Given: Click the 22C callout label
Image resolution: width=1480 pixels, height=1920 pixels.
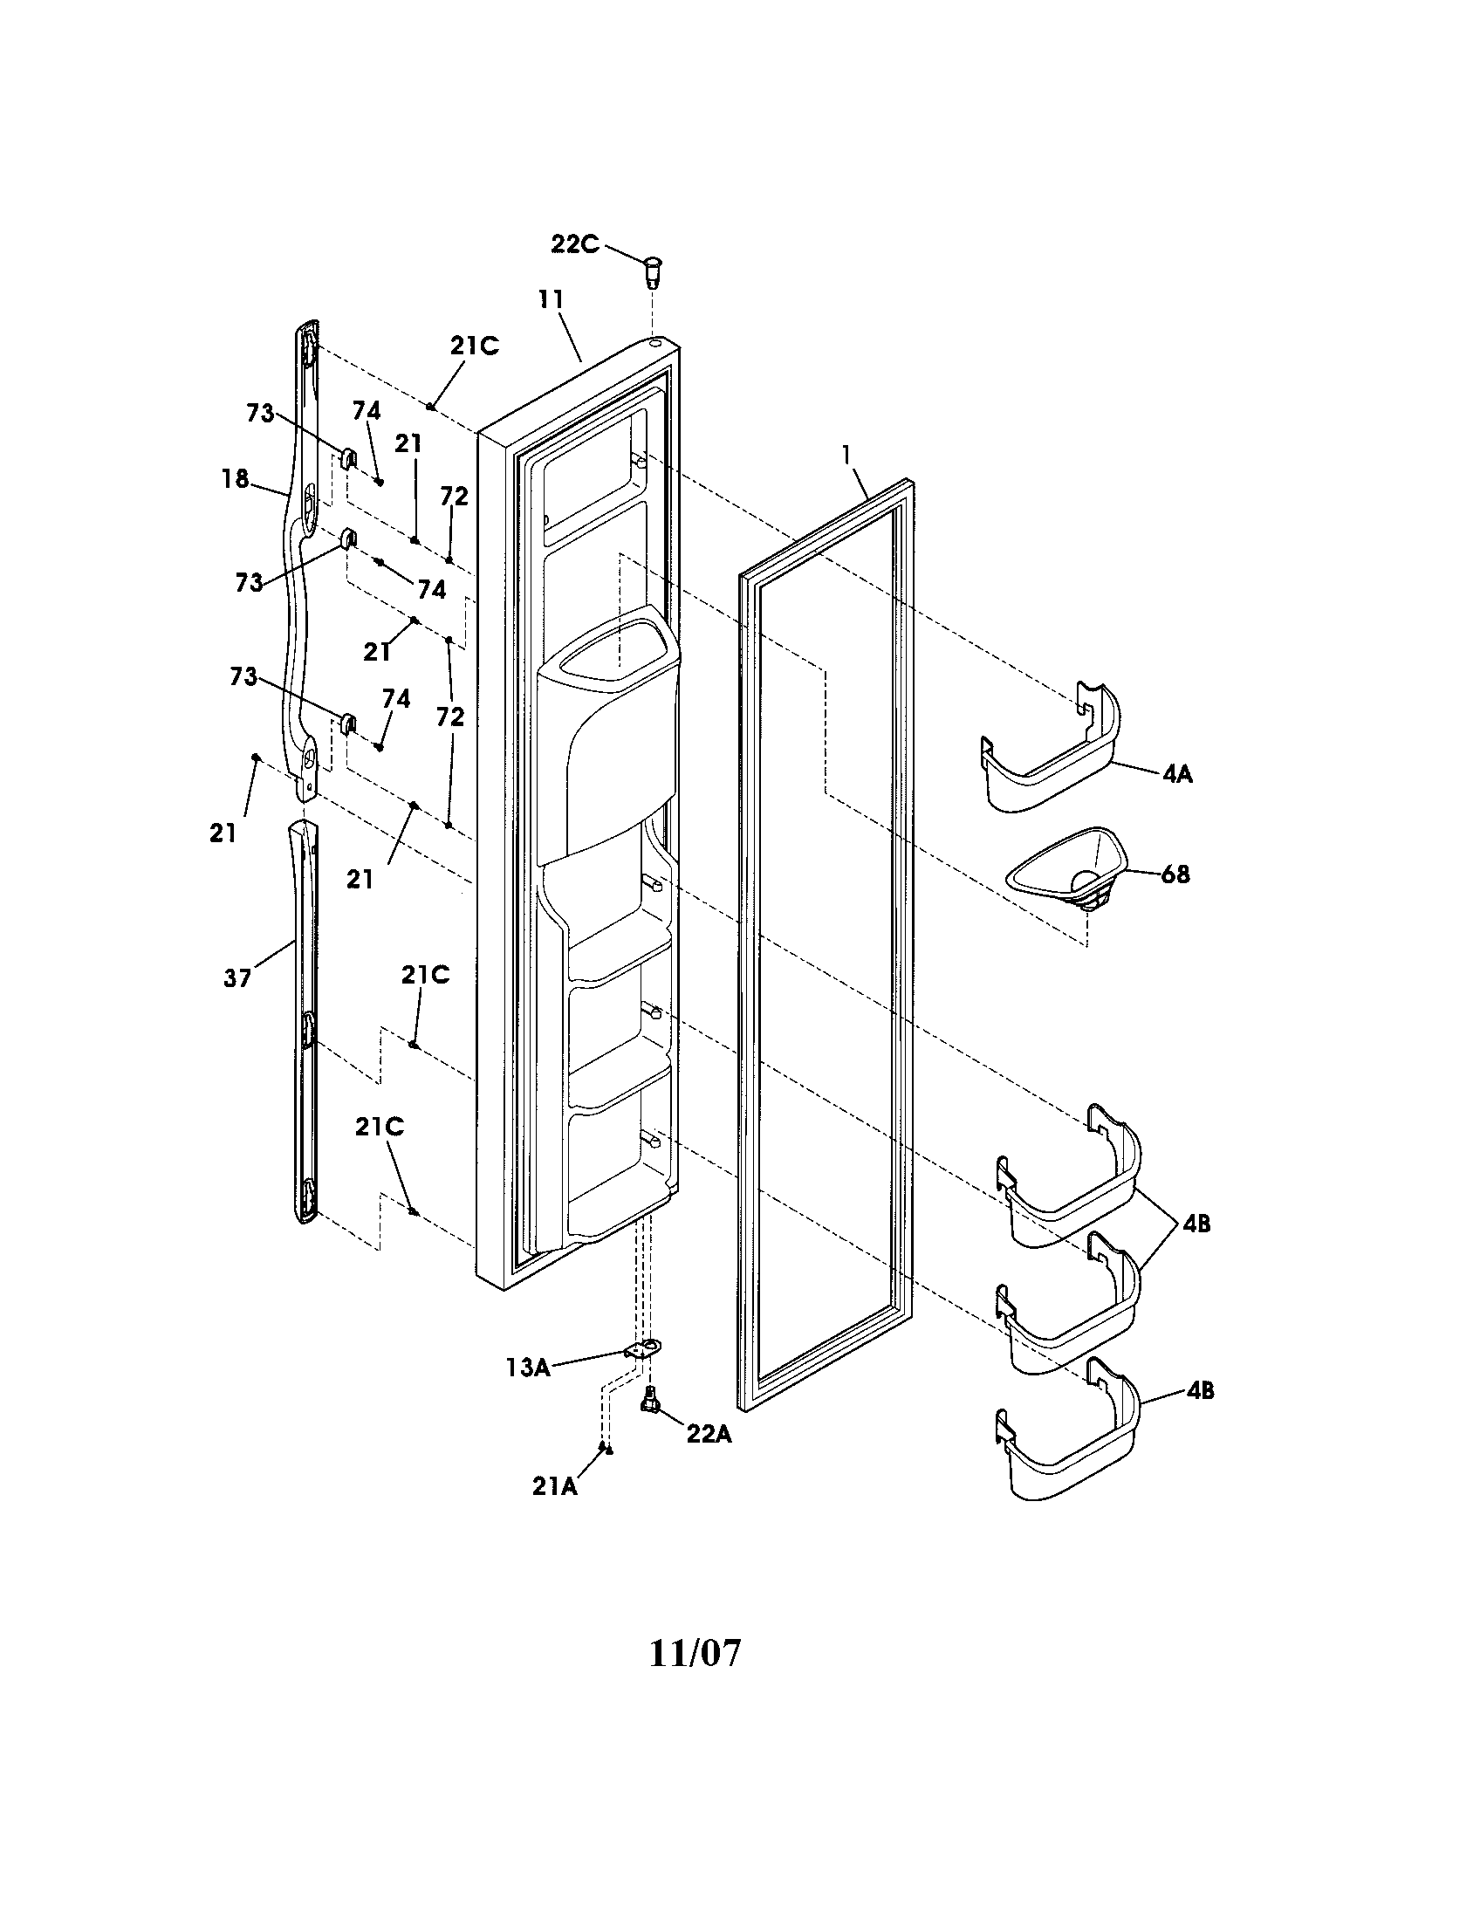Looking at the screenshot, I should [x=575, y=243].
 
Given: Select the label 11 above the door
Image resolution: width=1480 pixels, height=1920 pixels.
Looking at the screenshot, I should [x=551, y=298].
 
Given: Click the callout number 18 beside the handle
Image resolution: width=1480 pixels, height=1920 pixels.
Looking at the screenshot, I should [x=235, y=479].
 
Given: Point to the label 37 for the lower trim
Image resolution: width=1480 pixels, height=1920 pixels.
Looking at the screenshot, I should [x=237, y=977].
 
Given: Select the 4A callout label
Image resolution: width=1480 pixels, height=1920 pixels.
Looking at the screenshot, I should [x=1177, y=774].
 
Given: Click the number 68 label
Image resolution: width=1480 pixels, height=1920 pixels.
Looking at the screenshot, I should [x=1175, y=874].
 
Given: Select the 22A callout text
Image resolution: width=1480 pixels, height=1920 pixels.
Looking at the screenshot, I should [x=709, y=1434].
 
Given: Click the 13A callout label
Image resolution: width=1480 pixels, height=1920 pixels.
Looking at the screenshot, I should [x=527, y=1367].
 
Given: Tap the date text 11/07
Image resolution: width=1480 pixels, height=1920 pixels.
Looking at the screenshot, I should [x=695, y=1654].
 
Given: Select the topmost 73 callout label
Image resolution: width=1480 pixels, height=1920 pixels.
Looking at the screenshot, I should [x=260, y=413].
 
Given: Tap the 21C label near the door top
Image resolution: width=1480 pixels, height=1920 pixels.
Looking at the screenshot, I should [x=475, y=346].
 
